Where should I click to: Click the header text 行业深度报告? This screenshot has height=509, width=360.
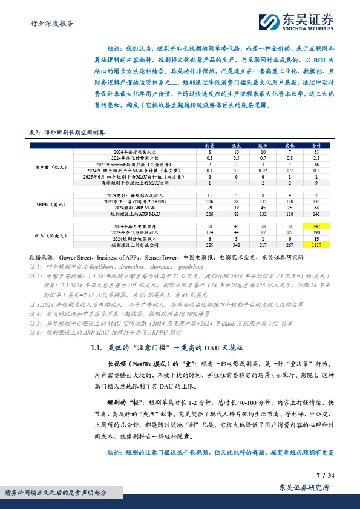pos(52,24)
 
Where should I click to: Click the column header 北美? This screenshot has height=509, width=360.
pos(209,145)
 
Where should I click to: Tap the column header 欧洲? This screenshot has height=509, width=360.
pos(262,145)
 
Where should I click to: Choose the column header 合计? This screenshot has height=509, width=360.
pos(316,145)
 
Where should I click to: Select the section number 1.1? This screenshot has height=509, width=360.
pos(97,348)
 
